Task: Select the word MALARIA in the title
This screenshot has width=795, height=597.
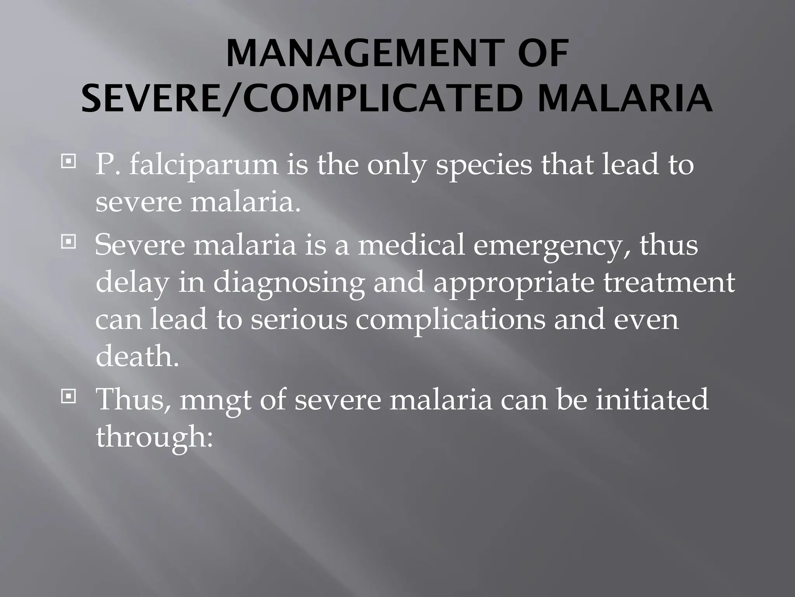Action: coord(625,99)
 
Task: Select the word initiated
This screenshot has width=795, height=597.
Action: coord(652,399)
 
